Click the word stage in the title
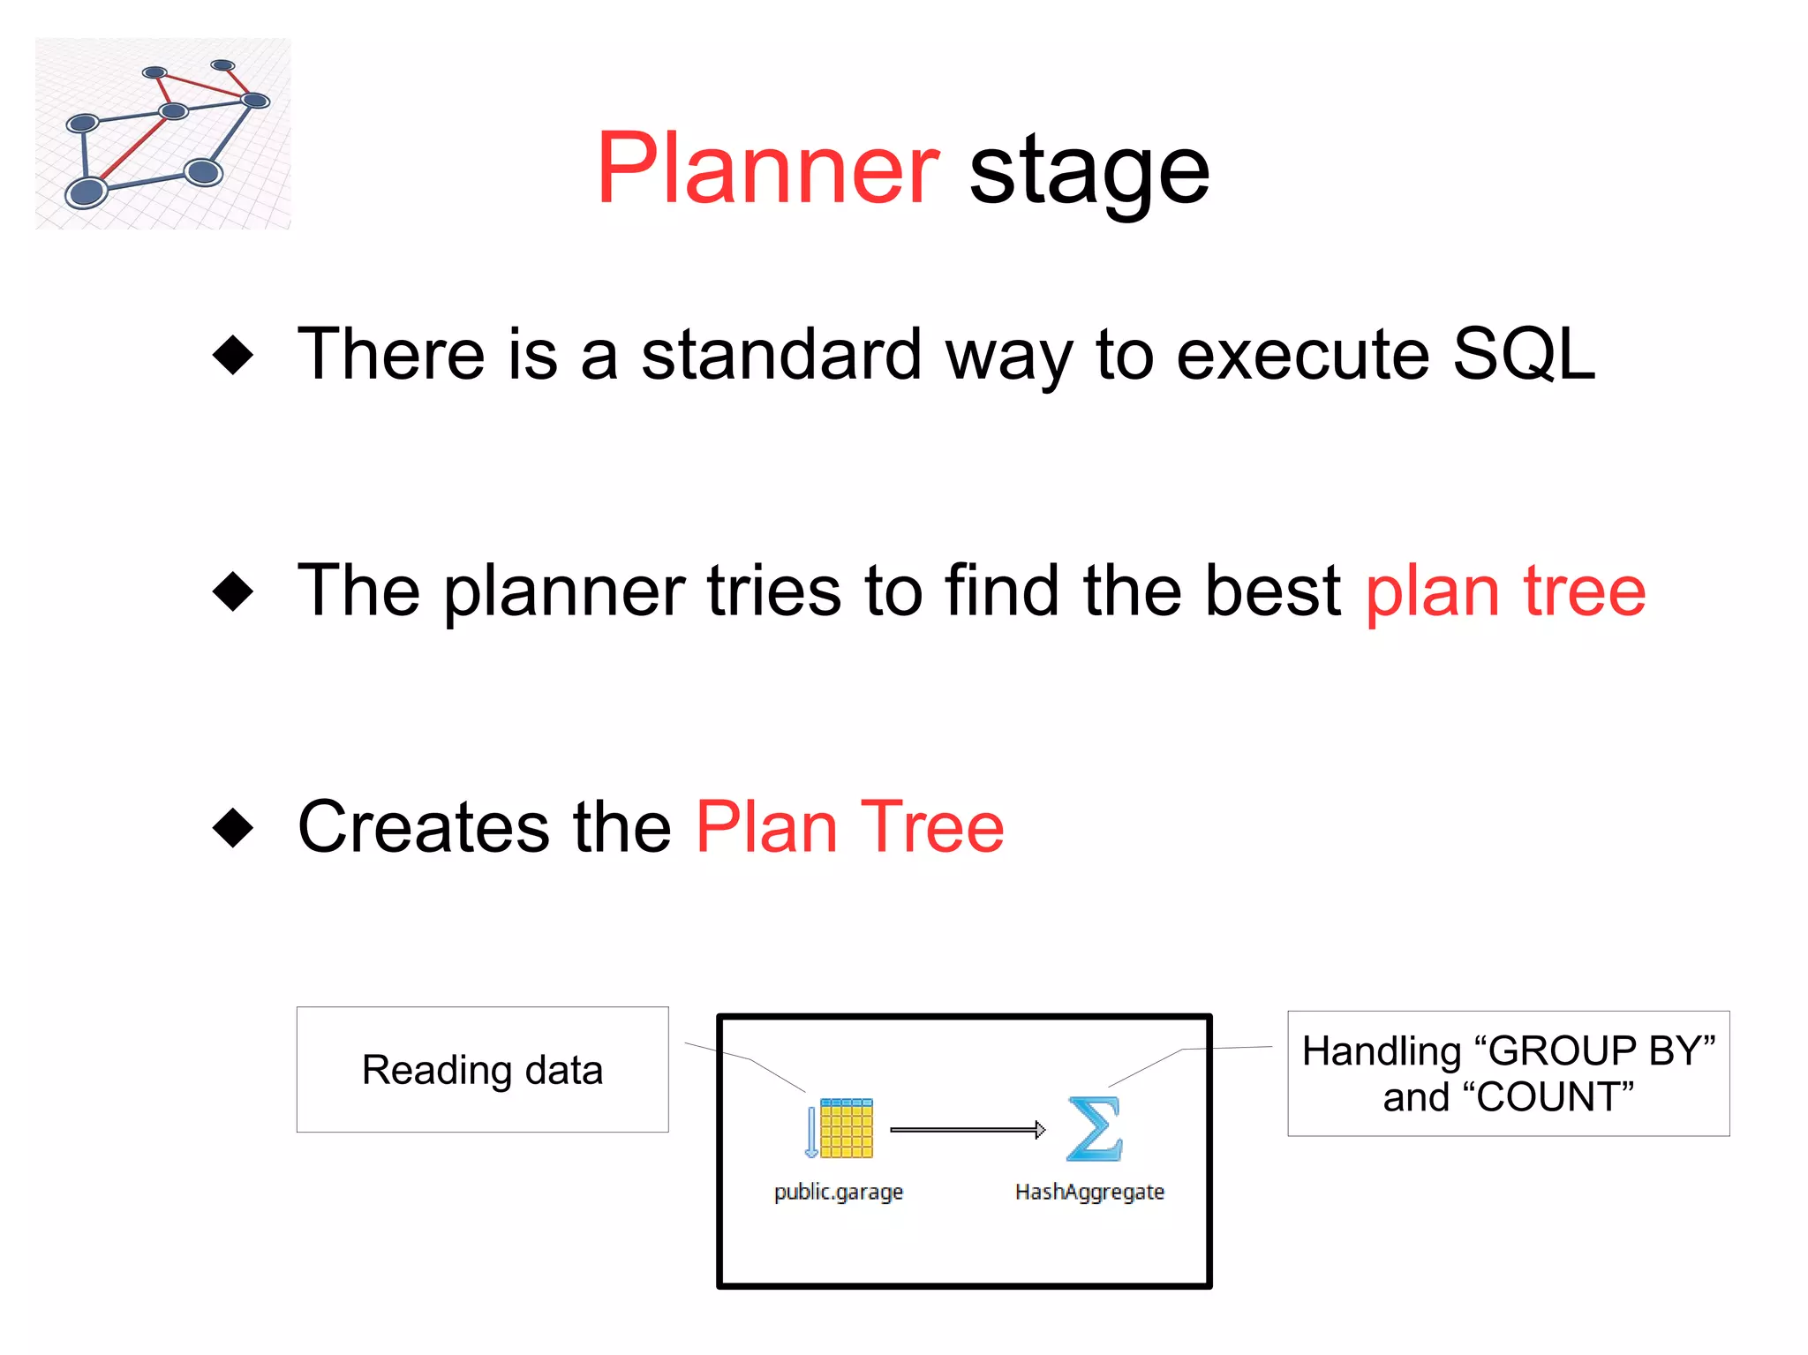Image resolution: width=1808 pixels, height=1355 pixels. tap(1089, 172)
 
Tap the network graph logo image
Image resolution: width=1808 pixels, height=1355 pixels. tap(163, 133)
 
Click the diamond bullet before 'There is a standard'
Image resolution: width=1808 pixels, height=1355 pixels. tap(233, 355)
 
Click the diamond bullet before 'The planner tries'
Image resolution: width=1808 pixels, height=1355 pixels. tap(233, 591)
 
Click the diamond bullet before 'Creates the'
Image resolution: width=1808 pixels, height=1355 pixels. tap(233, 827)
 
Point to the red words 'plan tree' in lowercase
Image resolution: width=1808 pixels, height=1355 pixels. tap(1504, 591)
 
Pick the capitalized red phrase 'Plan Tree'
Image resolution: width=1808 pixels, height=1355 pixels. tap(849, 827)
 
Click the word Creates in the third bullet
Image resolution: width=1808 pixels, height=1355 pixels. tap(423, 827)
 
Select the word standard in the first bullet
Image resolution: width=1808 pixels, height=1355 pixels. tap(781, 355)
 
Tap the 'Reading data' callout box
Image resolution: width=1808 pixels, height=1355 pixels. tap(482, 1069)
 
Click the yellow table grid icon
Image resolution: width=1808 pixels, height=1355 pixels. tap(845, 1128)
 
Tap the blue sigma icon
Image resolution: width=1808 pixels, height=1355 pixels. tap(1094, 1128)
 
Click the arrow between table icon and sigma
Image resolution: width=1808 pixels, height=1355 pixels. tap(967, 1129)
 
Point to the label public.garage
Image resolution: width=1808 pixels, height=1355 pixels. tap(838, 1192)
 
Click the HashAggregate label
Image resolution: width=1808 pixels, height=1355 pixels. tap(1089, 1192)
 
